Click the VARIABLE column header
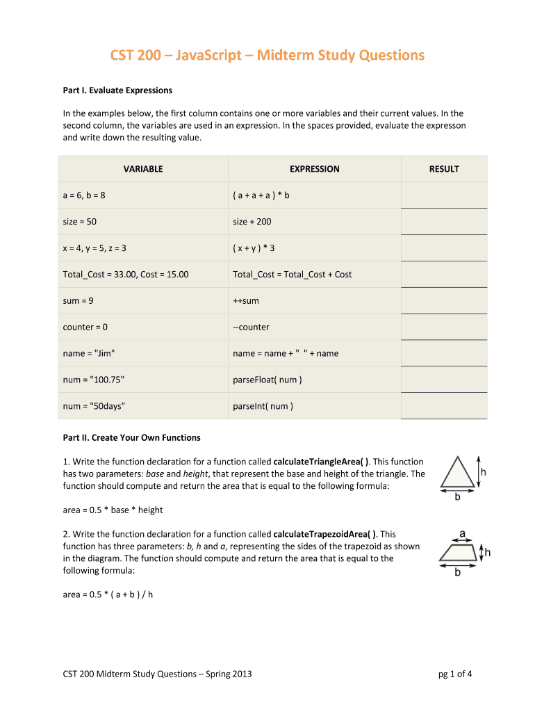point(143,169)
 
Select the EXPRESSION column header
point(315,169)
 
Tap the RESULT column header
point(444,169)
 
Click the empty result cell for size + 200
point(444,222)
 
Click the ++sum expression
point(247,301)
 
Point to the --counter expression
point(251,327)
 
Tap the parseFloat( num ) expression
point(267,380)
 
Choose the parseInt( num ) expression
point(263,406)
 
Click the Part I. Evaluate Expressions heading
point(117,90)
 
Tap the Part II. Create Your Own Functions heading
point(131,437)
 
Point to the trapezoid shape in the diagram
point(457,552)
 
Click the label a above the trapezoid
point(461,534)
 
